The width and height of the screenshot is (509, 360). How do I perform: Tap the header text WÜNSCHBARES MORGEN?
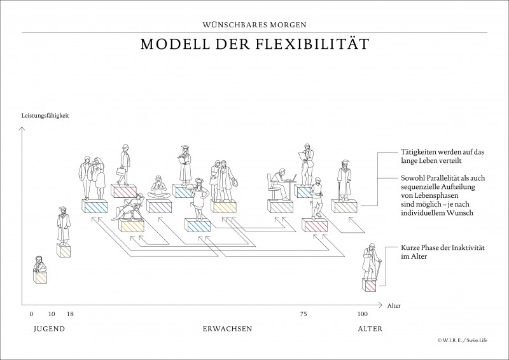254,25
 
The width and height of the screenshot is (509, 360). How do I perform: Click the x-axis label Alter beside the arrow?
394,305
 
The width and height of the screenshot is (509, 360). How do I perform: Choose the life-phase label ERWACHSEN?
227,329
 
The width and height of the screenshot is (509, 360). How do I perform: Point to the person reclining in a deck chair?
132,209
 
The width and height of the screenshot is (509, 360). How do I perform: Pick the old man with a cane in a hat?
370,262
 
